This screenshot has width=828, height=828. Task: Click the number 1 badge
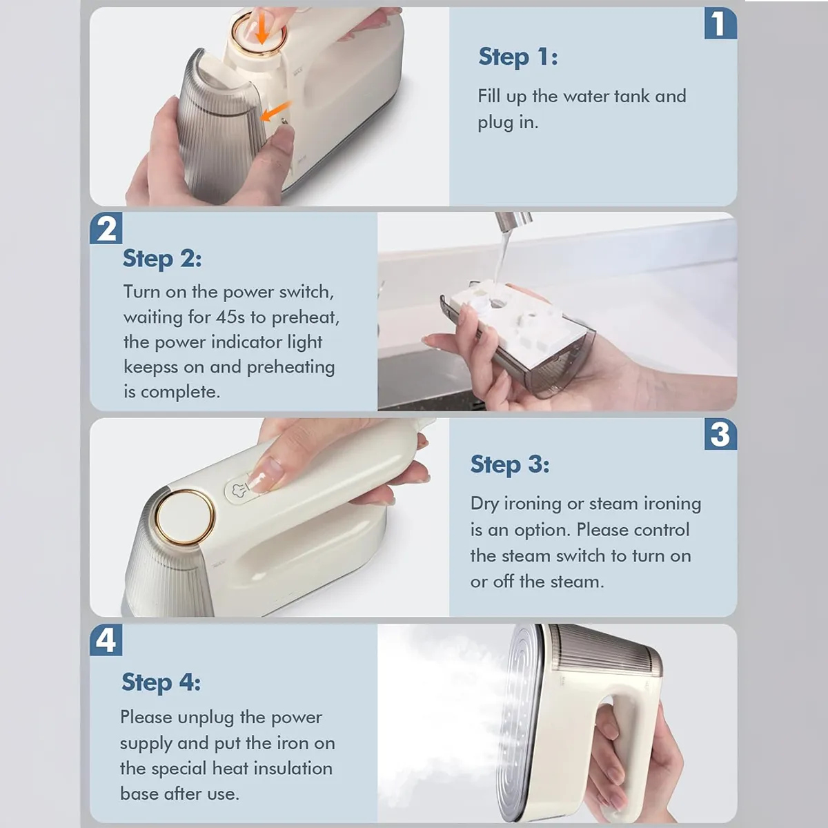click(720, 23)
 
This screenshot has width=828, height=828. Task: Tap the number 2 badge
click(106, 228)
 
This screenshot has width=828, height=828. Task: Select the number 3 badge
click(720, 434)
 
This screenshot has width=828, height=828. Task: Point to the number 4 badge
click(106, 640)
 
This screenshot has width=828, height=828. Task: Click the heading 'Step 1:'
click(518, 57)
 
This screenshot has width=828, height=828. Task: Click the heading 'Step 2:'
click(162, 259)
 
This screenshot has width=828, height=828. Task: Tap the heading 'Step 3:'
click(510, 465)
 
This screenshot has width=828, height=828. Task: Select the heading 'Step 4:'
click(161, 682)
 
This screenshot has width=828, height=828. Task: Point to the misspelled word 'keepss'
click(150, 368)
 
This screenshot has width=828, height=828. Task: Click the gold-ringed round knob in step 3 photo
click(184, 517)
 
